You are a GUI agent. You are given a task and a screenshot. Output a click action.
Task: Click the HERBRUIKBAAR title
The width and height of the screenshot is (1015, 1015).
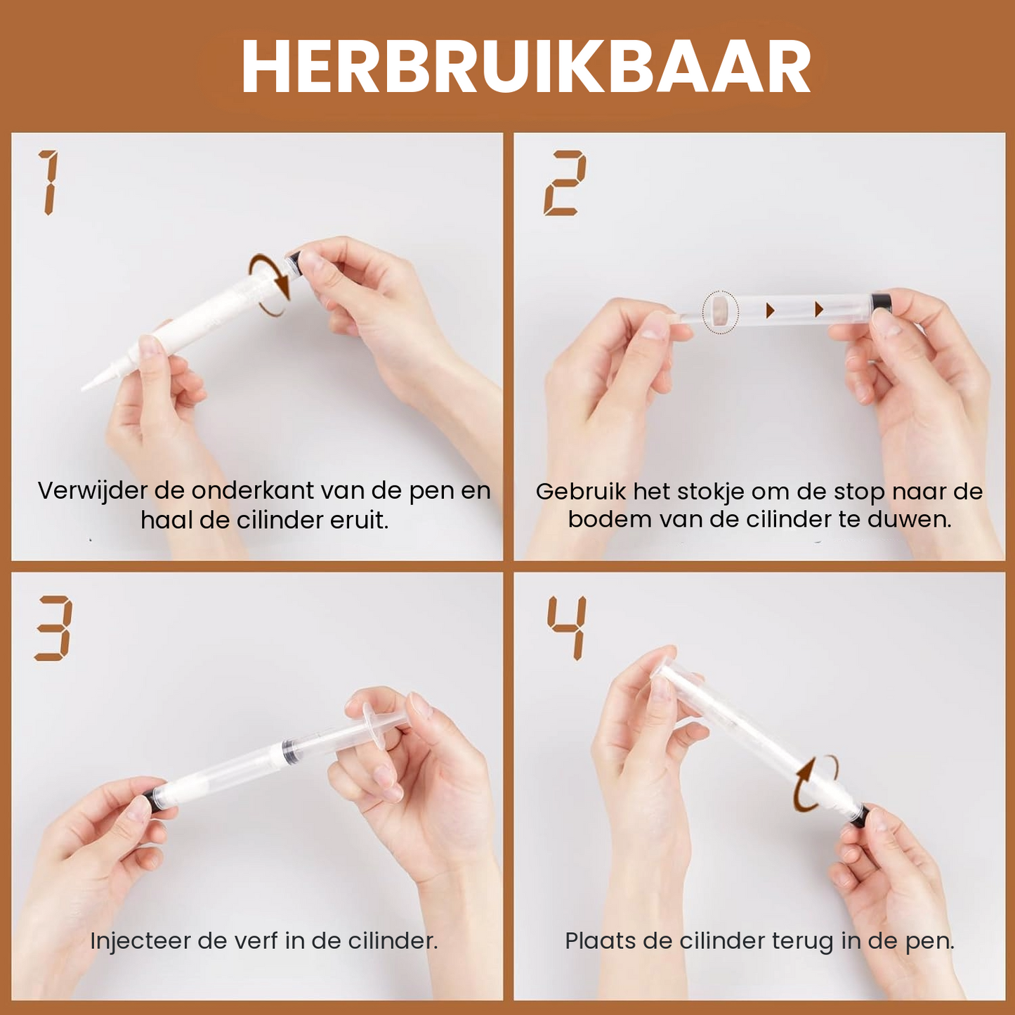pos(526,67)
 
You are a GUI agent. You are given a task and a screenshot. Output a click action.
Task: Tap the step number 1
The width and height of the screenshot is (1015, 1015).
pos(48,182)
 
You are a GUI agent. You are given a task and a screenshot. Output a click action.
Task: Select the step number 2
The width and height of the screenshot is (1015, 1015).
pos(564,182)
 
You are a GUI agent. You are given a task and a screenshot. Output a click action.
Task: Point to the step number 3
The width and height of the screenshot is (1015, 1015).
pos(53,628)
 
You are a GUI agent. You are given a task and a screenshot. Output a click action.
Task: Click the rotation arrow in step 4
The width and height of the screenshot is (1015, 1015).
pos(815,783)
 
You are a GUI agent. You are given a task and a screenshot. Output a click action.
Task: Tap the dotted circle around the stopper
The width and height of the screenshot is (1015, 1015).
pos(720,312)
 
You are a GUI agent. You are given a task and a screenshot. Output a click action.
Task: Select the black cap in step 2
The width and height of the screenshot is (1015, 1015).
pos(881,303)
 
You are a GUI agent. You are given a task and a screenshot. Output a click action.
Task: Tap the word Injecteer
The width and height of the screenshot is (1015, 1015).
pos(140,941)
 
